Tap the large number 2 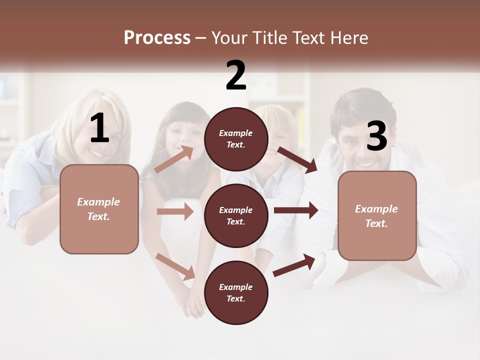pyautogui.click(x=236, y=75)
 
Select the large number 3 pyautogui.click(x=376, y=136)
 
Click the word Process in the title pyautogui.click(x=157, y=37)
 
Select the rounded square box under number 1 pyautogui.click(x=99, y=209)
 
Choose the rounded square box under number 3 pyautogui.click(x=377, y=215)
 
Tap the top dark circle pyautogui.click(x=236, y=139)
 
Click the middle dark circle pyautogui.click(x=236, y=215)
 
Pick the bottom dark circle pyautogui.click(x=236, y=292)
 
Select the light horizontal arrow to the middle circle pyautogui.click(x=175, y=211)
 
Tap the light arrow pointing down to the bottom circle pyautogui.click(x=175, y=266)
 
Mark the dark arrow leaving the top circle pyautogui.click(x=297, y=159)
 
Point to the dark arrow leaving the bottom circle pyautogui.click(x=294, y=265)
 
